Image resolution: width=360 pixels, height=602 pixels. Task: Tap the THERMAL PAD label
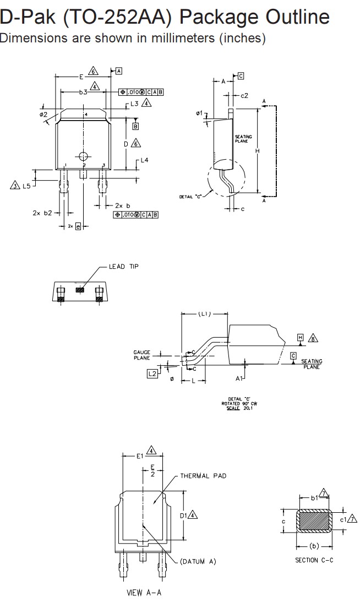(x=203, y=476)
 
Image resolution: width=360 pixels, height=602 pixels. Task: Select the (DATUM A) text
(x=198, y=561)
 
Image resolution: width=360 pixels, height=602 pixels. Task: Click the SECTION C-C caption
(x=314, y=560)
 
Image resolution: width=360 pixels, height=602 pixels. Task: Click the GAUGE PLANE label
(x=141, y=355)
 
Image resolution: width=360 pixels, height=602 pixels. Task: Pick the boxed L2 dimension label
(x=152, y=373)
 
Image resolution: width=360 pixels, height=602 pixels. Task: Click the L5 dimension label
(x=26, y=186)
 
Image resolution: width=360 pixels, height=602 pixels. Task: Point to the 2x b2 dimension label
(x=42, y=213)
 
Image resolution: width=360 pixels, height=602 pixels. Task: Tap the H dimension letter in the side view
(x=257, y=150)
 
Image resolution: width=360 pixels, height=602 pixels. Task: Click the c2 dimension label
(x=244, y=95)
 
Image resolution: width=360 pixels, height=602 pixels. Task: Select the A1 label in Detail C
(x=239, y=378)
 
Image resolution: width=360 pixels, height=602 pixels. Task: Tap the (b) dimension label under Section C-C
(x=314, y=546)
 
